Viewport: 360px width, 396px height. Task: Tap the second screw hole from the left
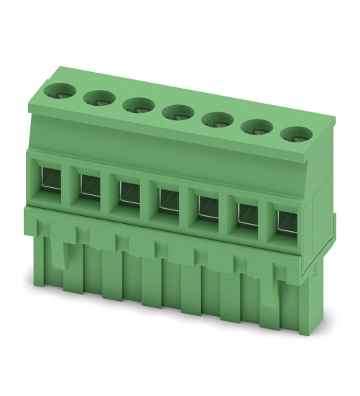(x=97, y=98)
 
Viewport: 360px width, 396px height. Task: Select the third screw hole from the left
(x=136, y=104)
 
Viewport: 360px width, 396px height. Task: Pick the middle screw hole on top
(x=176, y=112)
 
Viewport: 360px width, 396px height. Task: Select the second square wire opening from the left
(x=90, y=185)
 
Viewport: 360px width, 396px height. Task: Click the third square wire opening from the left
(x=129, y=192)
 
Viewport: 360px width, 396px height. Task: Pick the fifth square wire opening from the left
(x=207, y=205)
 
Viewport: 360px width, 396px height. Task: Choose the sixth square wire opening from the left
(x=247, y=212)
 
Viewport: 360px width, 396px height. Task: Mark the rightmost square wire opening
(x=285, y=218)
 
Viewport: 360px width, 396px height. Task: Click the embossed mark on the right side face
(x=317, y=272)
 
